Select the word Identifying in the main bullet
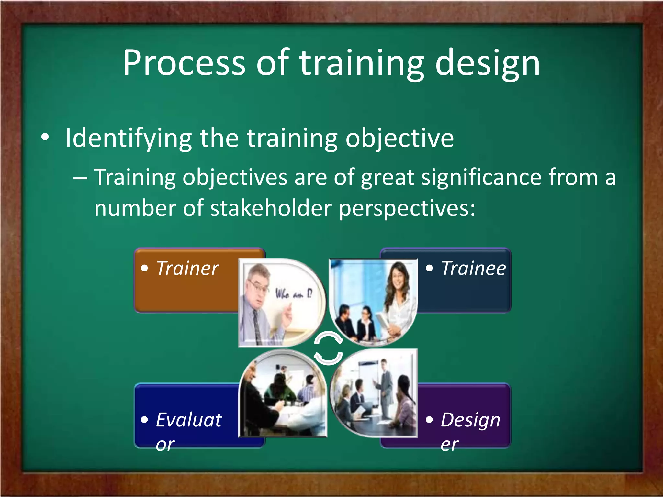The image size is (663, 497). coord(129,138)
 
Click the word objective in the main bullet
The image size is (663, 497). coord(399,138)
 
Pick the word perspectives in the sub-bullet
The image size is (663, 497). coord(407,209)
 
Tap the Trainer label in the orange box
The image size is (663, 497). coord(187,269)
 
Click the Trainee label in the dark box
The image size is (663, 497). coord(473,269)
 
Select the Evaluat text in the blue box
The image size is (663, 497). coord(189,420)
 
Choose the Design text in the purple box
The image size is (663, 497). coord(470,420)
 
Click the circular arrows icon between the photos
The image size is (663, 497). coord(328,348)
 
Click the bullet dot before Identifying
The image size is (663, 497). coord(45,137)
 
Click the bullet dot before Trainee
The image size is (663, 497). coord(429,268)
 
